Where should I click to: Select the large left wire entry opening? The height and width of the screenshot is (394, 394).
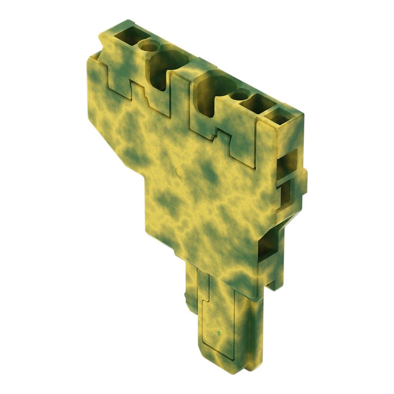point(169,63)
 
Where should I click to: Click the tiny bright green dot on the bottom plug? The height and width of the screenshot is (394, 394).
point(219,333)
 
